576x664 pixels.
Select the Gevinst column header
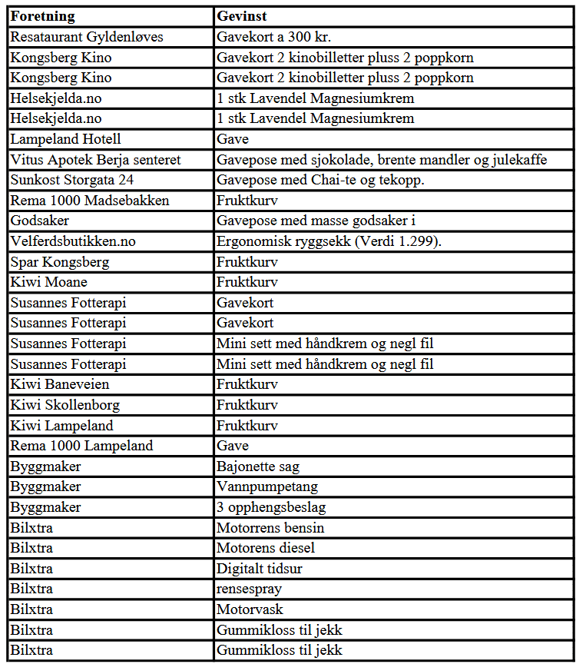point(241,16)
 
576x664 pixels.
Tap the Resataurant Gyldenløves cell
point(87,37)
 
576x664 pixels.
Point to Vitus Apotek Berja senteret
point(95,160)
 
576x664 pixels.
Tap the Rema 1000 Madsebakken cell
point(89,201)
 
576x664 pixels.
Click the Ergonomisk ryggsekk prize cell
point(339,241)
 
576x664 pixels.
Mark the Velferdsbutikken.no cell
point(73,241)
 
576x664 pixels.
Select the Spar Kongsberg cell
point(60,262)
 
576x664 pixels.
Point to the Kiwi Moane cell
point(49,282)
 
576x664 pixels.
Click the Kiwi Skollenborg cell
point(65,405)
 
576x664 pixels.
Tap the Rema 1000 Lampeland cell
point(81,446)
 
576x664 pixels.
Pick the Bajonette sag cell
point(258,466)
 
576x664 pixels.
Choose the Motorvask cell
point(250,609)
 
